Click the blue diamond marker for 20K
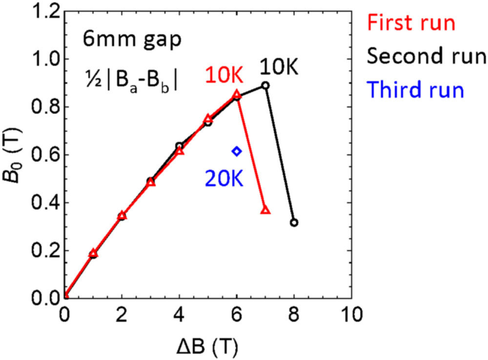237,151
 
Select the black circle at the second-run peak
265,85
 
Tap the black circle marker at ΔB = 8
294,223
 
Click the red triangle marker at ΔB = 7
265,210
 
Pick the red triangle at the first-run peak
237,94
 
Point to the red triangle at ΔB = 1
93,254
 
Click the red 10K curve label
223,77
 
